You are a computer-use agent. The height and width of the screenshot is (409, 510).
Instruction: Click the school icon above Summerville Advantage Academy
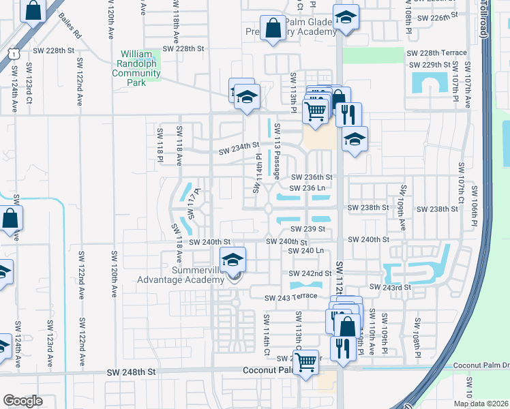[x=232, y=259]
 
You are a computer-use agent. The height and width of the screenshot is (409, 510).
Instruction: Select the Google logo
[x=23, y=401]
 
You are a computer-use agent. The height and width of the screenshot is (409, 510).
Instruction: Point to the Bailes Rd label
[x=70, y=25]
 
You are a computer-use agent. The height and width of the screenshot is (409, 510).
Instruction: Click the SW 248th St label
[x=132, y=373]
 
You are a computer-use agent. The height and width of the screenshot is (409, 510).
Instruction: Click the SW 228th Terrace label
[x=436, y=52]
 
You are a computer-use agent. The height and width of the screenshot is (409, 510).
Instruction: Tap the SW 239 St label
[x=306, y=230]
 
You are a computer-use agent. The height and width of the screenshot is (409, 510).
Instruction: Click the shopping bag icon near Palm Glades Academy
[x=273, y=29]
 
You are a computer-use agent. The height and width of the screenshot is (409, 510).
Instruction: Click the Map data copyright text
[x=481, y=404]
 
